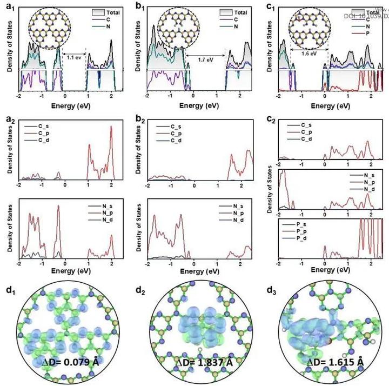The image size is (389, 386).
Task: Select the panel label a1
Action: [8, 9]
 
